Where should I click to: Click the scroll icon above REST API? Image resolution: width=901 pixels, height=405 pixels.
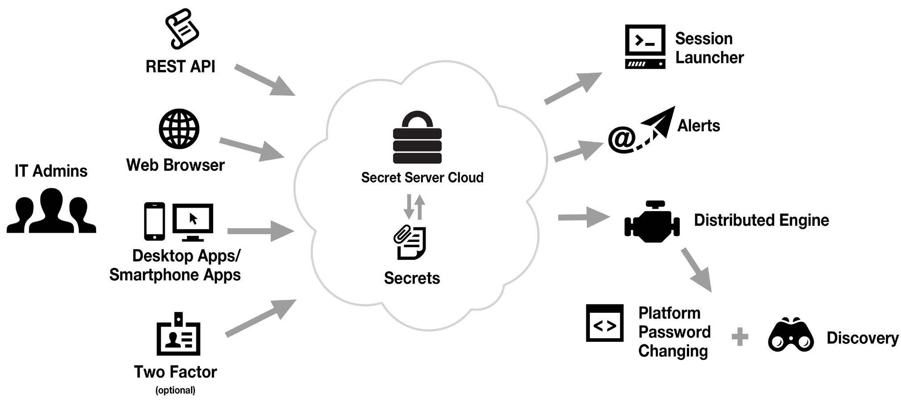[x=182, y=29]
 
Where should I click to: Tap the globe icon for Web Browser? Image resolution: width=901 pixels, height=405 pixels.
[x=179, y=129]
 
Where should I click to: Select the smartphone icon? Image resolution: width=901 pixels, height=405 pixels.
[x=154, y=221]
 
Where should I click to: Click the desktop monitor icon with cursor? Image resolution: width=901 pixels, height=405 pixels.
[x=193, y=221]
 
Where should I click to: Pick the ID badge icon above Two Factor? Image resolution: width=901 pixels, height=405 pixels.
[x=178, y=334]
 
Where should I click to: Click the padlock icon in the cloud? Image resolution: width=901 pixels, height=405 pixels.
[x=417, y=138]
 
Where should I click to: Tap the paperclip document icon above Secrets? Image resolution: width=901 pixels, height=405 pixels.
[x=410, y=242]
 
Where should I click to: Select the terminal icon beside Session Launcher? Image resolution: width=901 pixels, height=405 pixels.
[x=645, y=46]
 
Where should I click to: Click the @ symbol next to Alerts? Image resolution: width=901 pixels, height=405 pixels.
[x=622, y=139]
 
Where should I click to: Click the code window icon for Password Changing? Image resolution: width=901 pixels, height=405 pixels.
[x=605, y=323]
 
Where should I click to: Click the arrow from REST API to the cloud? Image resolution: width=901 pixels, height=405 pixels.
[x=264, y=80]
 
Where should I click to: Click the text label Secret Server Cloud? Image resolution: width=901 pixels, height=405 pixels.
[x=422, y=177]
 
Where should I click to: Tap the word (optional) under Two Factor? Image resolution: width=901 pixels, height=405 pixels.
[x=175, y=390]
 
